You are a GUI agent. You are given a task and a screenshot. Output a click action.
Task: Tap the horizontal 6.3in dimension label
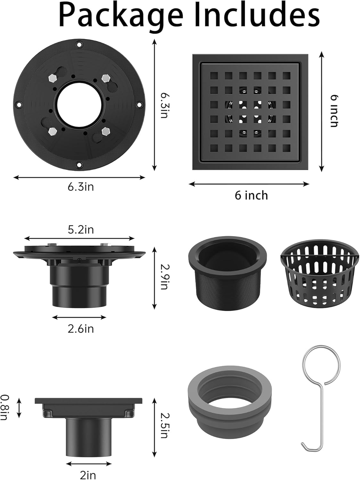coord(81,187)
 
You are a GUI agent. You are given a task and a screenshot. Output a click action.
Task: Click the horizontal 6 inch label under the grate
coord(251,195)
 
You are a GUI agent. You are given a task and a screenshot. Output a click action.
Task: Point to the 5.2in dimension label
coord(81,229)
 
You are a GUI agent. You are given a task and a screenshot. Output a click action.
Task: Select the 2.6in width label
coord(81,329)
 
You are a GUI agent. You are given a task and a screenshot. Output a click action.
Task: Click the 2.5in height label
coord(164,426)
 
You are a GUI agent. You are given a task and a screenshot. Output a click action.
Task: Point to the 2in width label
coord(88,475)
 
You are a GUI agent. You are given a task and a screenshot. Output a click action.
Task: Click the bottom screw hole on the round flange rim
coord(79,165)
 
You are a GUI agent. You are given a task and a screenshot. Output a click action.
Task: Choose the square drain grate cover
coord(250,112)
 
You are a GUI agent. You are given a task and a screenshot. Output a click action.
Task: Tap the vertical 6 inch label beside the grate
coord(334,111)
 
